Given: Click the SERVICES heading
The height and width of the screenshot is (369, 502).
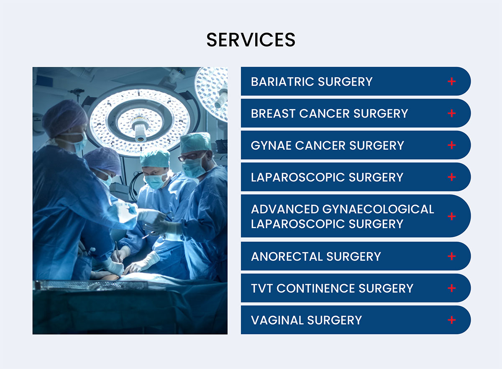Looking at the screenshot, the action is (251, 40).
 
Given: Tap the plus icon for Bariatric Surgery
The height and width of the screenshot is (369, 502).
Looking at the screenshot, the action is (451, 81).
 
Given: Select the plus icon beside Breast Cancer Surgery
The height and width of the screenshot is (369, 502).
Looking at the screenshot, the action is (451, 113).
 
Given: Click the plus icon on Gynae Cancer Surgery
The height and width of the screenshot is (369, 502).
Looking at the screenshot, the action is (451, 145).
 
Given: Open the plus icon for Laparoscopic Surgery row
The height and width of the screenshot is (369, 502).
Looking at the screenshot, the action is (451, 177).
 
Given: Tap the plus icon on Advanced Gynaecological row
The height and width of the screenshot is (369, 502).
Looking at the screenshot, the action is (451, 216).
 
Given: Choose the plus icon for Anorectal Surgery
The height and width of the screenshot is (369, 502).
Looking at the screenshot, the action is (451, 256).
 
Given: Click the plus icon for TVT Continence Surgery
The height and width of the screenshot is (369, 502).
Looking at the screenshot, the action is (451, 288).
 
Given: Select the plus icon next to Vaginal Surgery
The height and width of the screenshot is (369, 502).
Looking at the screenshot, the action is (451, 320).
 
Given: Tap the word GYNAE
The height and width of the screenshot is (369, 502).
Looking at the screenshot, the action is (271, 145).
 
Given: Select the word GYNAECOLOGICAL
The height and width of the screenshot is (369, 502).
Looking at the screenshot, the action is (378, 209).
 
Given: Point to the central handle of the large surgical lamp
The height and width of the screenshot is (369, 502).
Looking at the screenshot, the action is (140, 132).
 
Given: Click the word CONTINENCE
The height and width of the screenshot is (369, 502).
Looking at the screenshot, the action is (315, 288).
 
